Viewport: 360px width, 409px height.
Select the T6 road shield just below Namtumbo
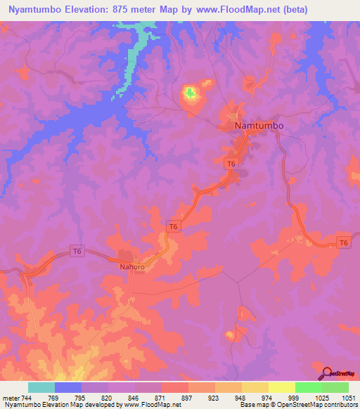tap(231, 164)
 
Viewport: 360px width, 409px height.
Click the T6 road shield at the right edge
tap(342, 242)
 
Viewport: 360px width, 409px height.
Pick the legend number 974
tap(265, 397)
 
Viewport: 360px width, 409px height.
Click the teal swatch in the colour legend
tap(41, 387)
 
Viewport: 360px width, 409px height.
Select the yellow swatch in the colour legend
tap(281, 387)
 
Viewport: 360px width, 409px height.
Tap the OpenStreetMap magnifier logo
tap(326, 373)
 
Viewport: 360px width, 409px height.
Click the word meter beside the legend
tap(9, 397)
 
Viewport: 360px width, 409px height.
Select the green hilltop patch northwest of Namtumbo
tap(190, 92)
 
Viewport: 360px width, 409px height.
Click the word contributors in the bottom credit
tap(340, 405)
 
